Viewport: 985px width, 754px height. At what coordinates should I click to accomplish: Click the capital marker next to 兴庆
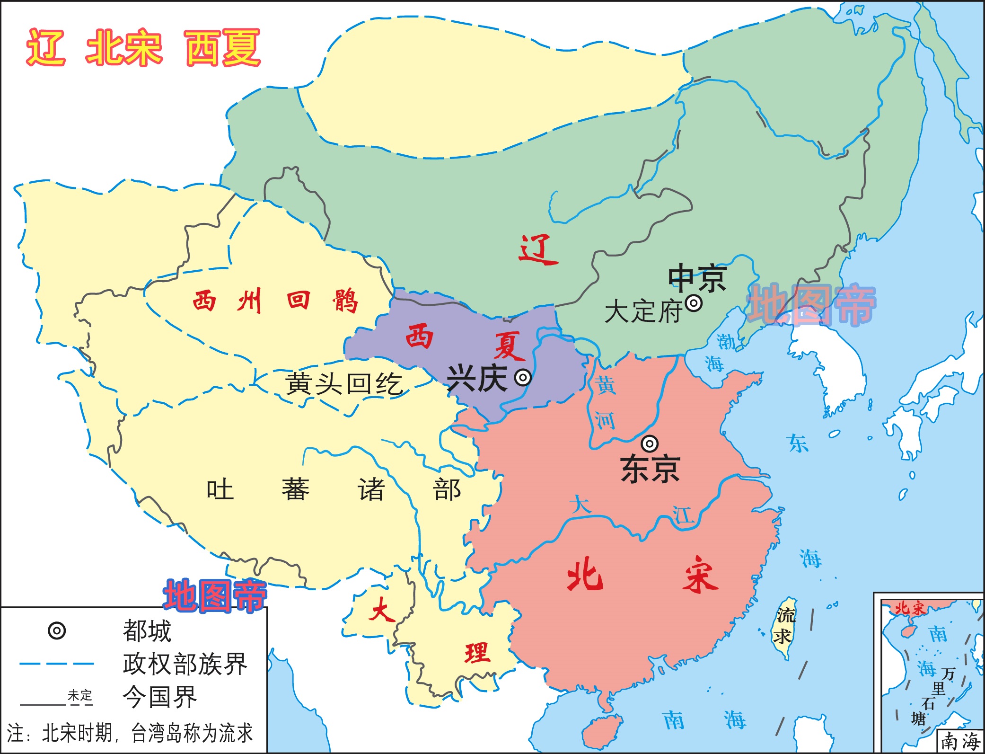[x=523, y=377]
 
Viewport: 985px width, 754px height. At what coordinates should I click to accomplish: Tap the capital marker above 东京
[x=650, y=444]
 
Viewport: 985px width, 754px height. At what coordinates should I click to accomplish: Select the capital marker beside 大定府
[x=694, y=303]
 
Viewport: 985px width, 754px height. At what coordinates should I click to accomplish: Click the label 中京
[x=697, y=278]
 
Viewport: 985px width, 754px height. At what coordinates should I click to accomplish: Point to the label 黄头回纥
[x=344, y=383]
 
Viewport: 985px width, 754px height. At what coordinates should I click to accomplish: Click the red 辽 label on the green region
[x=538, y=249]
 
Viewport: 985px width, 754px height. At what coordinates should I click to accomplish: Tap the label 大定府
[x=643, y=311]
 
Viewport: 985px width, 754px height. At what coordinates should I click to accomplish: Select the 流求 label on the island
[x=785, y=626]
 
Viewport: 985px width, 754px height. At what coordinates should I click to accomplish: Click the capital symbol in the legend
[x=57, y=631]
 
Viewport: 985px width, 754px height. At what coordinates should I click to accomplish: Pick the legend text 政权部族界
[x=185, y=664]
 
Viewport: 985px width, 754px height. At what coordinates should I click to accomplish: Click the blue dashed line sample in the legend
[x=57, y=664]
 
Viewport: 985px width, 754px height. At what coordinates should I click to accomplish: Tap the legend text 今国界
[x=159, y=697]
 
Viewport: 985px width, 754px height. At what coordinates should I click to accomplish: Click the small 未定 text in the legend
[x=80, y=695]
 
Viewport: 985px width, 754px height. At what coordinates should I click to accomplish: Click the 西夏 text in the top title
[x=222, y=47]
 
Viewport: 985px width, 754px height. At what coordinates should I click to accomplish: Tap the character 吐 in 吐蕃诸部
[x=220, y=489]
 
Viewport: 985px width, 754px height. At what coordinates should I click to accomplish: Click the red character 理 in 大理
[x=477, y=653]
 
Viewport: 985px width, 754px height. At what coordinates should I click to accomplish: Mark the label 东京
[x=650, y=469]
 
